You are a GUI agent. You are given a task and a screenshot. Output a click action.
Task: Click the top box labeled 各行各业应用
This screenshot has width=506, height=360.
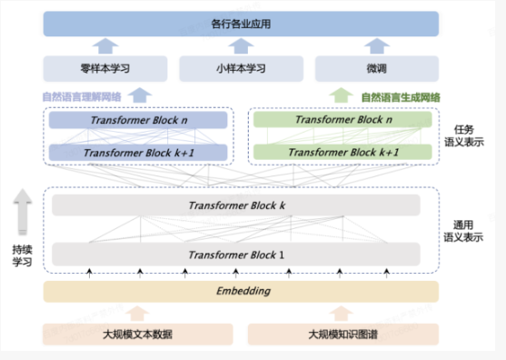[241, 23]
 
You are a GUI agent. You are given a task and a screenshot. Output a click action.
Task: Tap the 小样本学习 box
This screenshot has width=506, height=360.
[240, 68]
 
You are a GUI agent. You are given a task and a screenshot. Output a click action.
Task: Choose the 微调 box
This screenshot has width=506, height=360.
[376, 68]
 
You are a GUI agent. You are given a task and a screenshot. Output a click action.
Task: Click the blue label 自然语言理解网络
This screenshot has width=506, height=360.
[83, 96]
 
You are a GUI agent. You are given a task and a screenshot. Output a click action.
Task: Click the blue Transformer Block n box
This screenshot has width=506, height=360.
[137, 120]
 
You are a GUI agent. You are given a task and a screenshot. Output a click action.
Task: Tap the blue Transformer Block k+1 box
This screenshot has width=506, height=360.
[137, 153]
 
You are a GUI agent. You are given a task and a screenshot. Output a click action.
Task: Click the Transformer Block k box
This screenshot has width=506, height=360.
[236, 205]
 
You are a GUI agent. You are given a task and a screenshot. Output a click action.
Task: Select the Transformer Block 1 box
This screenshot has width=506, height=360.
[236, 253]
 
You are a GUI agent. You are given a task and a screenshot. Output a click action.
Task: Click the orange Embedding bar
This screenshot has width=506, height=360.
[241, 291]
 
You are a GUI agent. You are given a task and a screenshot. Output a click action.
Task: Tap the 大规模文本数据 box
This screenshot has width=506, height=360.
[136, 335]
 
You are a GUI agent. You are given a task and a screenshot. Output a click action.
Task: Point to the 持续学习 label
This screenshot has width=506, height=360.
[22, 255]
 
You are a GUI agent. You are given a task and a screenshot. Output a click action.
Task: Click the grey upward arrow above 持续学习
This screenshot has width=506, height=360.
[22, 215]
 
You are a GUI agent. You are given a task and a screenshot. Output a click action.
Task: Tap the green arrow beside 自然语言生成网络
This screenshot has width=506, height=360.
[341, 95]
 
